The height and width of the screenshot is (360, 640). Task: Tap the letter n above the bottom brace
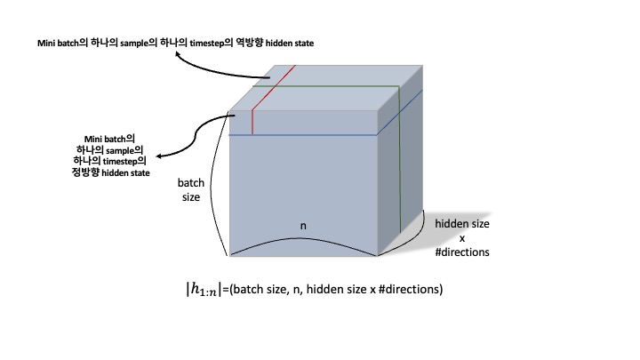[303, 227]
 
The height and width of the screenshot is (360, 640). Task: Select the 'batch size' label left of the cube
[191, 190]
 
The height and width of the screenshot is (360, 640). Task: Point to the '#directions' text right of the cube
[461, 252]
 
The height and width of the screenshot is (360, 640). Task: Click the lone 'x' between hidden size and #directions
[460, 237]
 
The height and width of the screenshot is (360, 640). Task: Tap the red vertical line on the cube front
[252, 122]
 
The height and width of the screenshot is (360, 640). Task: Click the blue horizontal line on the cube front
[302, 134]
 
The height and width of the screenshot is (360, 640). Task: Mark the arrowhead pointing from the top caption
[178, 56]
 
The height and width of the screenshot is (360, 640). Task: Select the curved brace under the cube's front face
[303, 244]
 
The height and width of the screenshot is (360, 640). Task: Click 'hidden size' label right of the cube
[460, 223]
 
